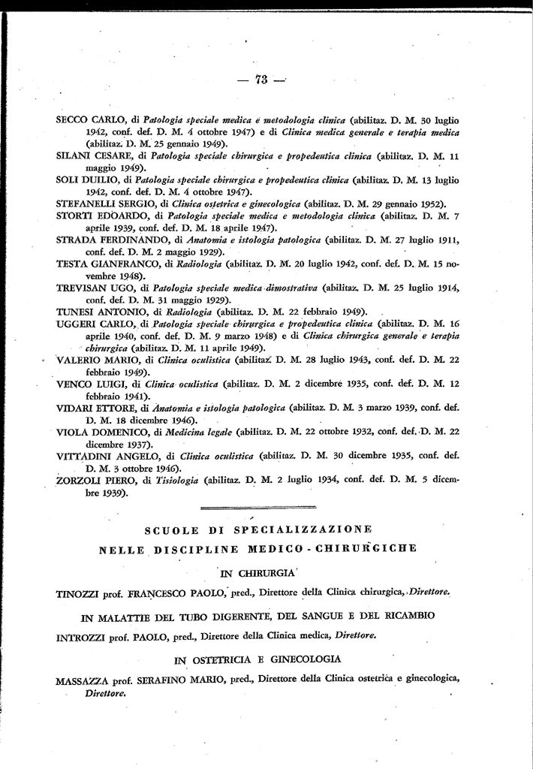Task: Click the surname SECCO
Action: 74,119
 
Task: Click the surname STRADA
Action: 76,240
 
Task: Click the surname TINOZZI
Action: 78,593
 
